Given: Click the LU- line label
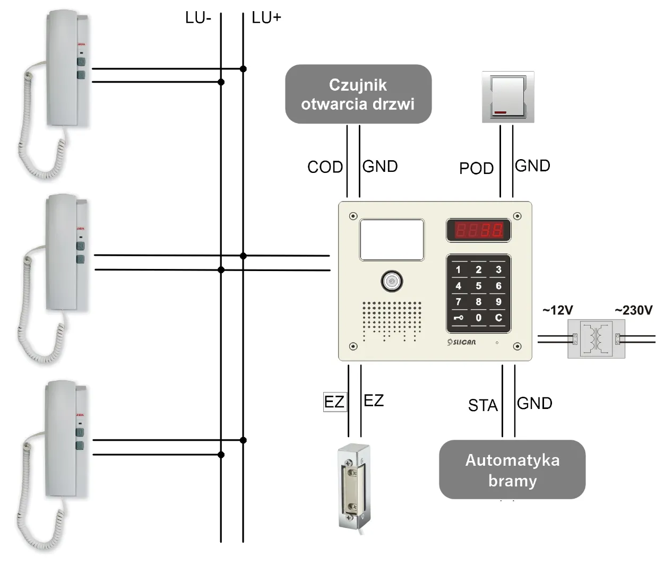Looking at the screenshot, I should coord(198,18).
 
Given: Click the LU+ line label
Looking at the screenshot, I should coord(266,18).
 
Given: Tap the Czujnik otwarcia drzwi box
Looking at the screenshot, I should coord(358,94).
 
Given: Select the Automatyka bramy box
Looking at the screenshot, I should coord(512,469).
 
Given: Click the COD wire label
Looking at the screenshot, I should coord(325,167).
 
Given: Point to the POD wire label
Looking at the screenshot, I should coord(476,168).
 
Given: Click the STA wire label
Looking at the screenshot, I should coord(482,405).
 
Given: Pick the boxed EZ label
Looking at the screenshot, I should coord(334,402).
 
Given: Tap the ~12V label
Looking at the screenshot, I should coord(557,310).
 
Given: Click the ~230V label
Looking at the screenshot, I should coord(633,310).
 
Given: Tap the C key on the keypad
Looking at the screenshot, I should coord(498,318).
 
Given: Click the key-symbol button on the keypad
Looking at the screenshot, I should coord(459,318).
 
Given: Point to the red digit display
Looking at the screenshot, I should coord(478,230).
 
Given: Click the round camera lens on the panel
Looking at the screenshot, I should coord(392,281).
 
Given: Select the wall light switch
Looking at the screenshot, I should coord(508,97).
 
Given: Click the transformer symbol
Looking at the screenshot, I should coord(596,338).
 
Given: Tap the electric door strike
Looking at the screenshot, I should coord(351,487).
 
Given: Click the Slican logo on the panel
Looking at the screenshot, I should coord(462,342).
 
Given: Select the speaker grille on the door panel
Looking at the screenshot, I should coord(392,320).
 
